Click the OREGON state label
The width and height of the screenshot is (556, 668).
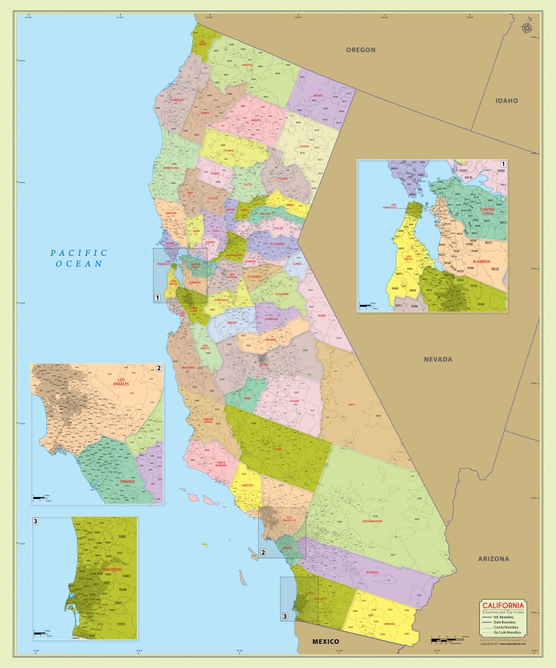[360, 50]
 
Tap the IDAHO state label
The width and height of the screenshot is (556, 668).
[506, 100]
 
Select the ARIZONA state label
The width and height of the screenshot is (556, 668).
[493, 558]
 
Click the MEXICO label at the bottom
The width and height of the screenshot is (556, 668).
[325, 642]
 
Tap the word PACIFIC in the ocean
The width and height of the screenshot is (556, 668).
[79, 252]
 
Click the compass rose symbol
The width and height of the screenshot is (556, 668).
[527, 27]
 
